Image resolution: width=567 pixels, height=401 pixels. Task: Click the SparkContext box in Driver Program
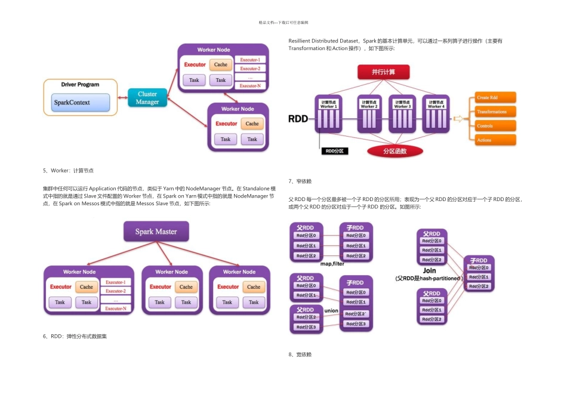(x=77, y=102)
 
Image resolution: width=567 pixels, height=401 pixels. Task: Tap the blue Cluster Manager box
(x=147, y=98)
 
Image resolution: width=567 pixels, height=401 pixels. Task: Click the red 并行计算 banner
(x=383, y=72)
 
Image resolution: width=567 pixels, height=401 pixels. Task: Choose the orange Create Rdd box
(x=495, y=97)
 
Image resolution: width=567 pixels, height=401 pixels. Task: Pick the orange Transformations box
(x=495, y=112)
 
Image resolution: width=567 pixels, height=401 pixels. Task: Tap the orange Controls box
(x=495, y=126)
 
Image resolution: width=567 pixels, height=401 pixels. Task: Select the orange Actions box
(x=495, y=140)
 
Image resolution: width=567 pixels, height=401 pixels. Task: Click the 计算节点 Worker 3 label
(x=402, y=104)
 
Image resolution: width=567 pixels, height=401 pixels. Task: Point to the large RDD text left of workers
(x=298, y=119)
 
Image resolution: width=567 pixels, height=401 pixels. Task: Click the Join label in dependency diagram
(x=429, y=270)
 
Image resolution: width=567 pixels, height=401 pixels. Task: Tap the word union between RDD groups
(x=331, y=311)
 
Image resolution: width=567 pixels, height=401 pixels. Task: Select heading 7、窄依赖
(x=300, y=181)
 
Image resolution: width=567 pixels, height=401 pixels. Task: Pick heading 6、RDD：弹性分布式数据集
(x=75, y=337)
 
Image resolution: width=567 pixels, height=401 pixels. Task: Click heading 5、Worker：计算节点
(x=68, y=171)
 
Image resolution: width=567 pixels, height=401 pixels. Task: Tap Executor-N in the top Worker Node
(x=250, y=86)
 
